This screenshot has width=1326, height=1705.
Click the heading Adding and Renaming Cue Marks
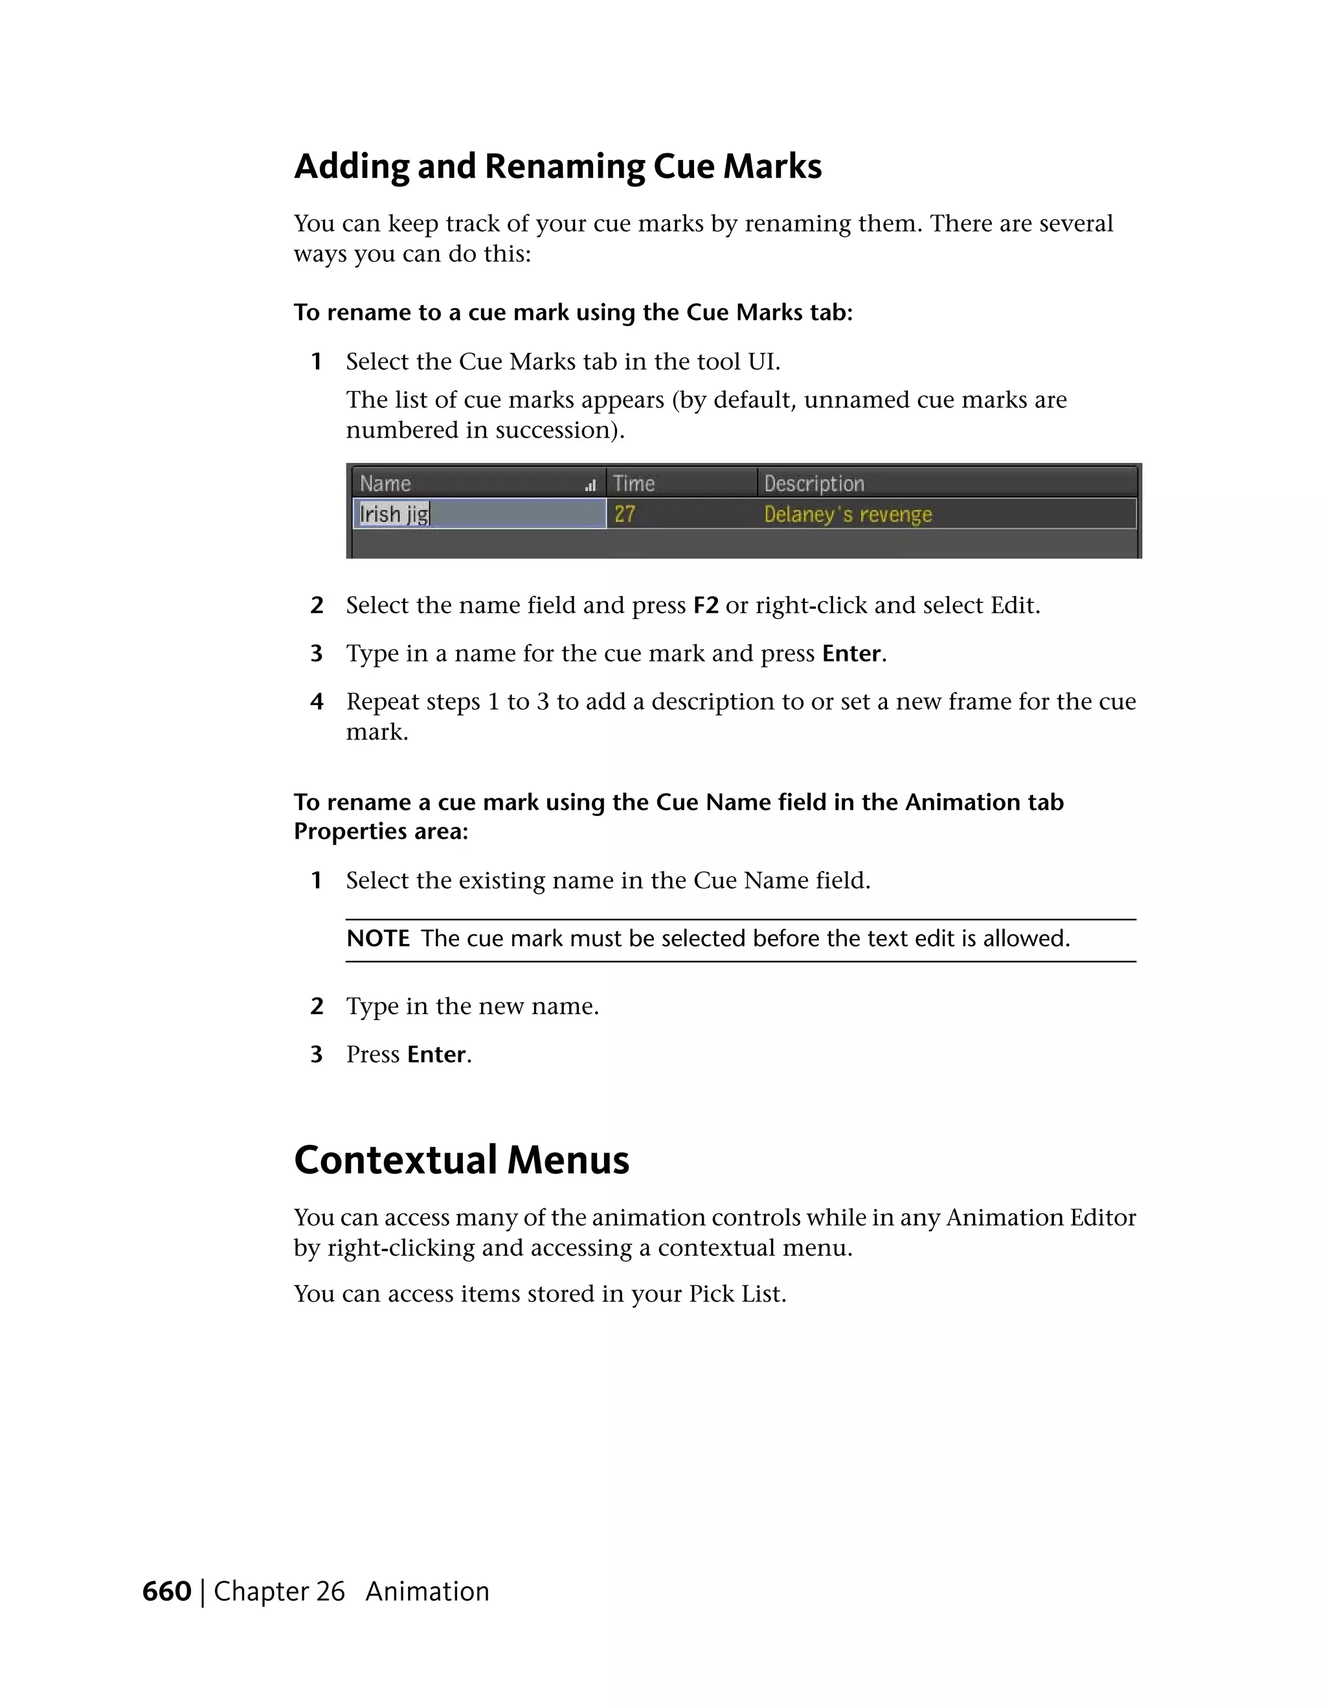(557, 166)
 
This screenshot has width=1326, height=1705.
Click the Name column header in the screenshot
(385, 483)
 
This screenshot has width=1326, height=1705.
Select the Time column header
(634, 483)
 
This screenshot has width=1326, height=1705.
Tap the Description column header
(814, 484)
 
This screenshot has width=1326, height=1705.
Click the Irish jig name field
(395, 514)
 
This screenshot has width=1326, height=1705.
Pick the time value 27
(624, 514)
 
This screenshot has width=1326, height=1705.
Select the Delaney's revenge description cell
(848, 514)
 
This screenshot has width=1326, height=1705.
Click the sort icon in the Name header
(590, 486)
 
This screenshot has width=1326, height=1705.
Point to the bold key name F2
(706, 606)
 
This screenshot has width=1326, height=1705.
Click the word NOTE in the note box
(377, 938)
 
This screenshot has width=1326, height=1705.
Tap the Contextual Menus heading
(461, 1160)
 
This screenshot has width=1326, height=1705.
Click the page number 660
(166, 1591)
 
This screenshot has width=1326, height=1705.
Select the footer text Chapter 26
(278, 1591)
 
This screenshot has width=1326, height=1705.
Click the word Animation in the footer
(427, 1591)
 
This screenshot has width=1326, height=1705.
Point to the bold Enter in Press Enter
(436, 1055)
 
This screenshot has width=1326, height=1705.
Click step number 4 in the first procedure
(316, 702)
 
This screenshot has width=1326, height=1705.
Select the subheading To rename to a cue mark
(573, 312)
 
